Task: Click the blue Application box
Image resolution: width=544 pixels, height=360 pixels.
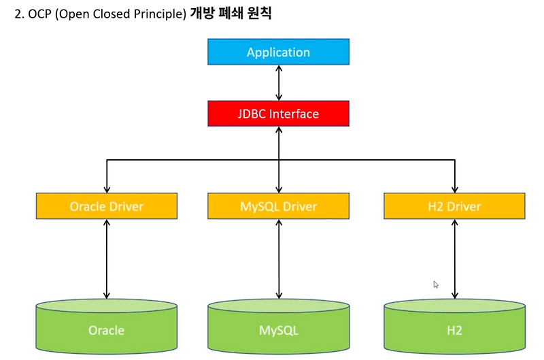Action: (x=278, y=52)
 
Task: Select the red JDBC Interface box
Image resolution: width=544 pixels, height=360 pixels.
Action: (x=278, y=114)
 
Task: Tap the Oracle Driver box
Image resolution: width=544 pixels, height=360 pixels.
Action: (x=107, y=206)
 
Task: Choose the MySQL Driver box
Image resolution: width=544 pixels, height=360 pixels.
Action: (x=278, y=206)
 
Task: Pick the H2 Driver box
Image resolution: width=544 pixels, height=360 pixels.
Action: (x=455, y=206)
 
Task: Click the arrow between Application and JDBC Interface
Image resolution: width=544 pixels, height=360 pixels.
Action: (x=278, y=82)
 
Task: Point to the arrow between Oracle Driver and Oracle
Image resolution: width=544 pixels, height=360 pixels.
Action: (x=107, y=259)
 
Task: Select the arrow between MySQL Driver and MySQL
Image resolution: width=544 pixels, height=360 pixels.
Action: (x=278, y=259)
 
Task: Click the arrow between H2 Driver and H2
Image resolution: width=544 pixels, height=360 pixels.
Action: (x=455, y=259)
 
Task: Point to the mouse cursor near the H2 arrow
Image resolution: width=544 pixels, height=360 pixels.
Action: (x=436, y=284)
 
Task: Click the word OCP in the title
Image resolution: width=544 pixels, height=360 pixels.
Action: (x=40, y=13)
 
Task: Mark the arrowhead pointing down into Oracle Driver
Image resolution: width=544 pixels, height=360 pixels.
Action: (x=107, y=189)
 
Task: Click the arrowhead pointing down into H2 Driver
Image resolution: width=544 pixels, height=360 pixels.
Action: (x=455, y=189)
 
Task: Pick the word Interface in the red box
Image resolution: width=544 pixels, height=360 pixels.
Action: (x=294, y=114)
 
